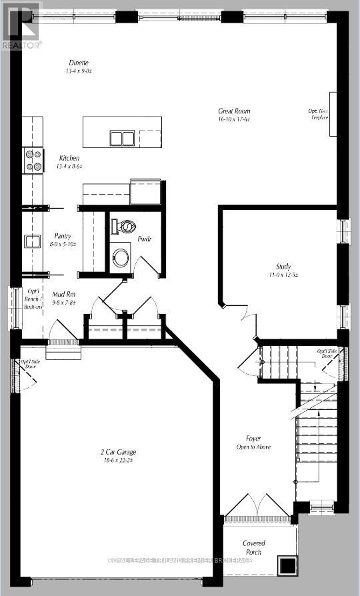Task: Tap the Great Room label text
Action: [234, 111]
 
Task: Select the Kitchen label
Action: [69, 158]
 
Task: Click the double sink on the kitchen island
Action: [121, 138]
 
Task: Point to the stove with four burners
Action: [33, 160]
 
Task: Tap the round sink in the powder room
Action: [121, 257]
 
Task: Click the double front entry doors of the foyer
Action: [257, 508]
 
